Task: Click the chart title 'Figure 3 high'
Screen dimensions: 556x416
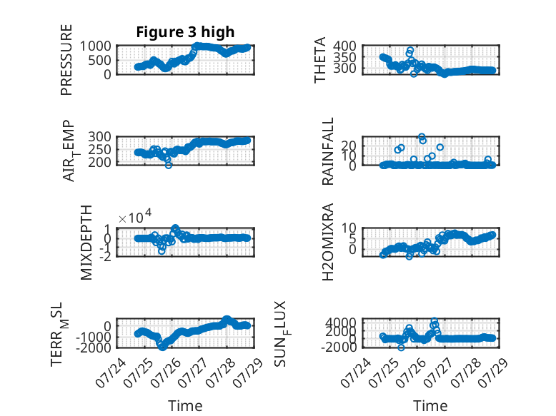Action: [185, 32]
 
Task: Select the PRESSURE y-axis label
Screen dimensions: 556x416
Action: [66, 60]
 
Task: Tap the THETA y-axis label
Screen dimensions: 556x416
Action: [320, 60]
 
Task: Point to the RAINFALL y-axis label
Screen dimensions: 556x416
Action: [327, 151]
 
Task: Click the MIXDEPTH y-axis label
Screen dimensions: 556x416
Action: [86, 243]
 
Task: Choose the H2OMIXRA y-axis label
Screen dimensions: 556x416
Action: [327, 242]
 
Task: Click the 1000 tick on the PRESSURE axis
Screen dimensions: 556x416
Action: [95, 46]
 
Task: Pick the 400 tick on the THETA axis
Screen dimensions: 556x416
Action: [344, 46]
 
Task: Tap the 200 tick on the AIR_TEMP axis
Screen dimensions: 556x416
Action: [99, 163]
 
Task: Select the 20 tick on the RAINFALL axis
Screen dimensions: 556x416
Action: [349, 146]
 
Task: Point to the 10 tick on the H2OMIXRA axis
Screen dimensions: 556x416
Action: [349, 228]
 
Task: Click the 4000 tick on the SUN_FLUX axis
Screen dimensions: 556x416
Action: [341, 323]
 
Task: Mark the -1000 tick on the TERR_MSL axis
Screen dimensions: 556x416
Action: [94, 337]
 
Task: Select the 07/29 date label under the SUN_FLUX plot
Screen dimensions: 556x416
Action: [493, 372]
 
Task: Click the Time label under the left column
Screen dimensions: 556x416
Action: [185, 405]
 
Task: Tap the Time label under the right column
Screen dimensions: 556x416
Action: [430, 405]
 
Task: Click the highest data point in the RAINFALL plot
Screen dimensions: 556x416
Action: [421, 137]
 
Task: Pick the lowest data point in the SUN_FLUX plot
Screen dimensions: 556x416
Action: [401, 347]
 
